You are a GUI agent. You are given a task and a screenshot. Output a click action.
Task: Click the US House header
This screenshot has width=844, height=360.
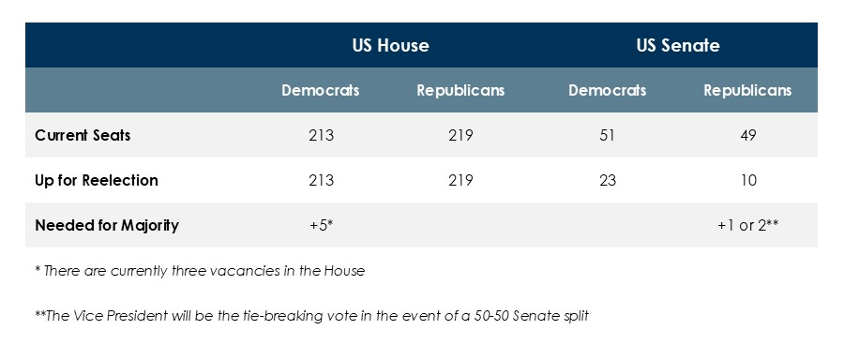click(x=390, y=45)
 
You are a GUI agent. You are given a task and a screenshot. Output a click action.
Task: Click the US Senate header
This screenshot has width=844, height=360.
click(x=679, y=45)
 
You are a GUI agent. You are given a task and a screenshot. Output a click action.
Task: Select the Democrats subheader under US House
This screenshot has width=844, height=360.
click(x=321, y=91)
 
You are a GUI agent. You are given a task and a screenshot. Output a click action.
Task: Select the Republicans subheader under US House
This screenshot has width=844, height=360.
click(x=460, y=91)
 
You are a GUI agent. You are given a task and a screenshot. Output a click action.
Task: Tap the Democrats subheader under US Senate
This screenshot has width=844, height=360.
click(x=607, y=91)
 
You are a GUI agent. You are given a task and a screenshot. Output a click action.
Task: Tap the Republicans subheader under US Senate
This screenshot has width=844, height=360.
click(x=747, y=91)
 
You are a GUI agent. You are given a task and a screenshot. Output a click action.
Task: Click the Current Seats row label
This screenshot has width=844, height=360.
click(x=83, y=135)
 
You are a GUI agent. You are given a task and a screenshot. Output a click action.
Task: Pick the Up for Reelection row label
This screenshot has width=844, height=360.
click(x=97, y=180)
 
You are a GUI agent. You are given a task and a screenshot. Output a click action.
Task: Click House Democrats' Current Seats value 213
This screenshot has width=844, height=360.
click(x=321, y=135)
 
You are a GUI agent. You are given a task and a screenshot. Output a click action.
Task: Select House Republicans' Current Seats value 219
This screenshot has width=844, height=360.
click(x=460, y=135)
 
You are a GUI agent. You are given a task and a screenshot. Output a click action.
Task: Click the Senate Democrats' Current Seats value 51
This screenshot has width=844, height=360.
click(x=607, y=135)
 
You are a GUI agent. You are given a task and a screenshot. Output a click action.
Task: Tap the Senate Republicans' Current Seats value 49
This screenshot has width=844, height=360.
click(x=747, y=135)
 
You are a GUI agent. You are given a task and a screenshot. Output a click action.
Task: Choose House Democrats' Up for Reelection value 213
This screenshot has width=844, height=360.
click(x=321, y=180)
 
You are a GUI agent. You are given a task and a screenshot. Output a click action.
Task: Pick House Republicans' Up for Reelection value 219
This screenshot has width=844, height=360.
click(x=460, y=180)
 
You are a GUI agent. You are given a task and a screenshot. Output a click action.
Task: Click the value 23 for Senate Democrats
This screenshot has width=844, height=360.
click(x=607, y=180)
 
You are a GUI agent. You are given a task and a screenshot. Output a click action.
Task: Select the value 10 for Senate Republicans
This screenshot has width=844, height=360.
click(x=747, y=180)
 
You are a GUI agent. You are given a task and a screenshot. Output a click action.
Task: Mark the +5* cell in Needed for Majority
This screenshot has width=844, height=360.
click(x=321, y=225)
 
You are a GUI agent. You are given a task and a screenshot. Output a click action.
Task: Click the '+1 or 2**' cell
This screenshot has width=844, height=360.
click(x=747, y=225)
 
